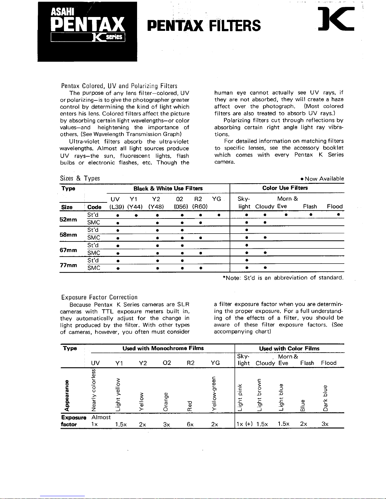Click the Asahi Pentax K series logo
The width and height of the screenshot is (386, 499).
point(87,31)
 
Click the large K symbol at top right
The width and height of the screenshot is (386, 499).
point(336,19)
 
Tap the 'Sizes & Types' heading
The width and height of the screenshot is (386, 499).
point(80,178)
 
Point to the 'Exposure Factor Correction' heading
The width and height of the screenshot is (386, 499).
point(99,297)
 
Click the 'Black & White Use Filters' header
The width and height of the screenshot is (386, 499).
point(168,189)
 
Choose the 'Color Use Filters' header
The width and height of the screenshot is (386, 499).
point(285,188)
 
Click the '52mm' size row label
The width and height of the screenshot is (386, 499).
point(68,219)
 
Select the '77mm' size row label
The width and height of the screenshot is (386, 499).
point(68,265)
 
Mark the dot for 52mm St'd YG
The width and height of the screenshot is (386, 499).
point(219,215)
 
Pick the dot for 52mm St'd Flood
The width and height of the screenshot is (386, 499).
point(338,215)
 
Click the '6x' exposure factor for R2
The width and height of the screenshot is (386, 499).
point(190,424)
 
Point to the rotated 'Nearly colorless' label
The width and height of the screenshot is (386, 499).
point(93,390)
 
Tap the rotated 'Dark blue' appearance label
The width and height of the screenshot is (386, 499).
point(325,398)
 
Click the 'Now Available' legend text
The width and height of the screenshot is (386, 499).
point(322,179)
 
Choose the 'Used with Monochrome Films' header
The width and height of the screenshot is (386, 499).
point(163,348)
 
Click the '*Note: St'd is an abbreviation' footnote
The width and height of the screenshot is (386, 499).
point(283,278)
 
